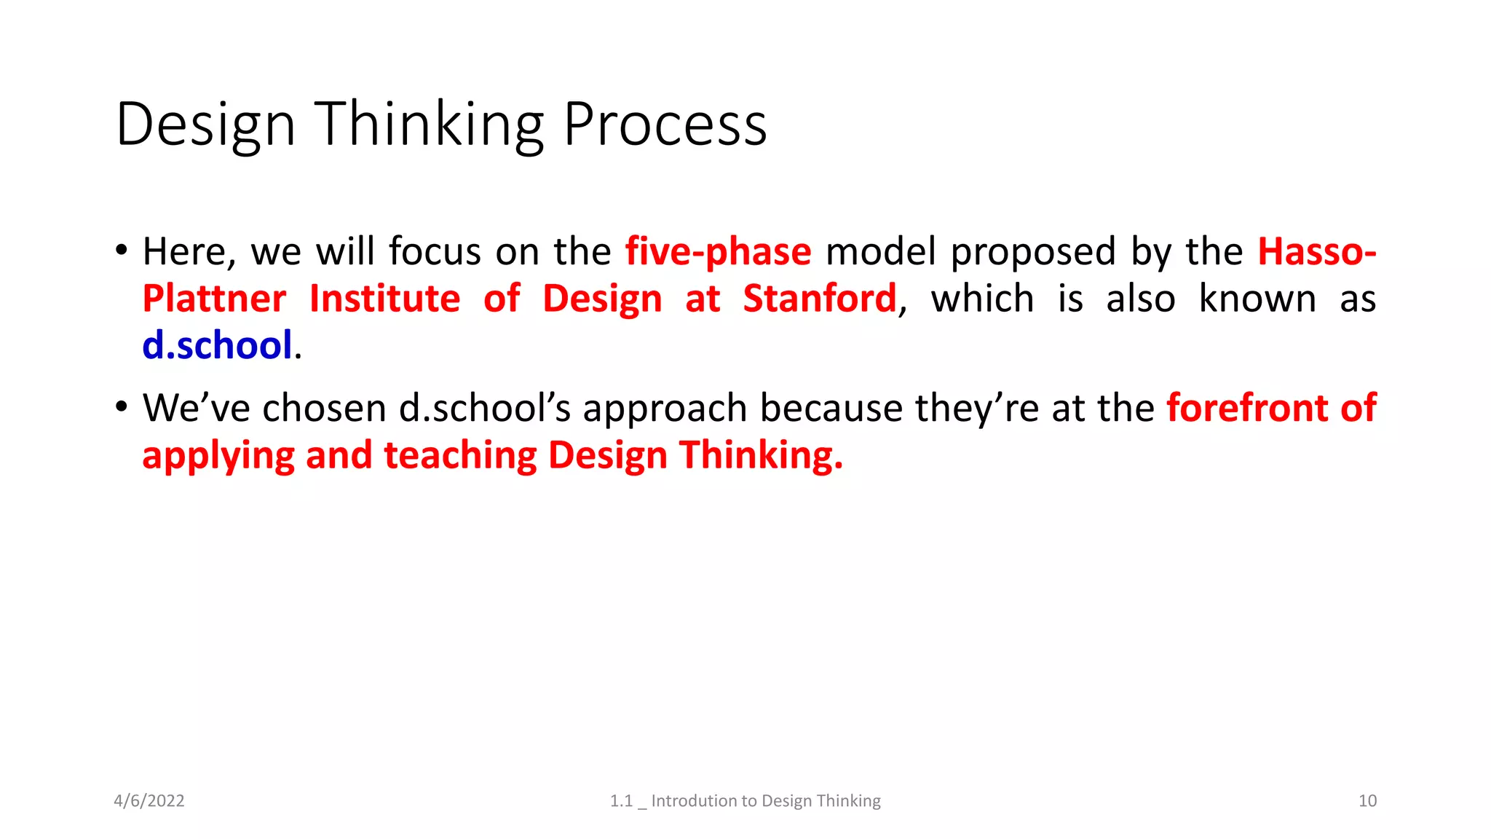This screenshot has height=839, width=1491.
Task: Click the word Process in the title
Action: [x=665, y=124]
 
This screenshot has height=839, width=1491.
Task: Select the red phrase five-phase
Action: [x=718, y=252]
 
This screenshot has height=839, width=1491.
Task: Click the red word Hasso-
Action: [x=1316, y=252]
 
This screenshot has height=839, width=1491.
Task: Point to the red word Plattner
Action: [x=214, y=299]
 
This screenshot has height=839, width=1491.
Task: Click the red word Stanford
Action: [x=819, y=299]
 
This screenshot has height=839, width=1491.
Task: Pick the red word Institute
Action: [x=384, y=299]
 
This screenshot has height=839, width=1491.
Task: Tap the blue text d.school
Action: [x=217, y=345]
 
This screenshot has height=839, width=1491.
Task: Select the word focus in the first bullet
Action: [x=435, y=252]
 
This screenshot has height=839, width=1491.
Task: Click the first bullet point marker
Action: [x=122, y=251]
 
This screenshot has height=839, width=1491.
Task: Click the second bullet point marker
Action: [x=122, y=407]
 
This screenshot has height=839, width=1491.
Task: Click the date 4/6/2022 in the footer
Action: [x=149, y=801]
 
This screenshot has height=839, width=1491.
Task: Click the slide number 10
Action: [x=1367, y=801]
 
